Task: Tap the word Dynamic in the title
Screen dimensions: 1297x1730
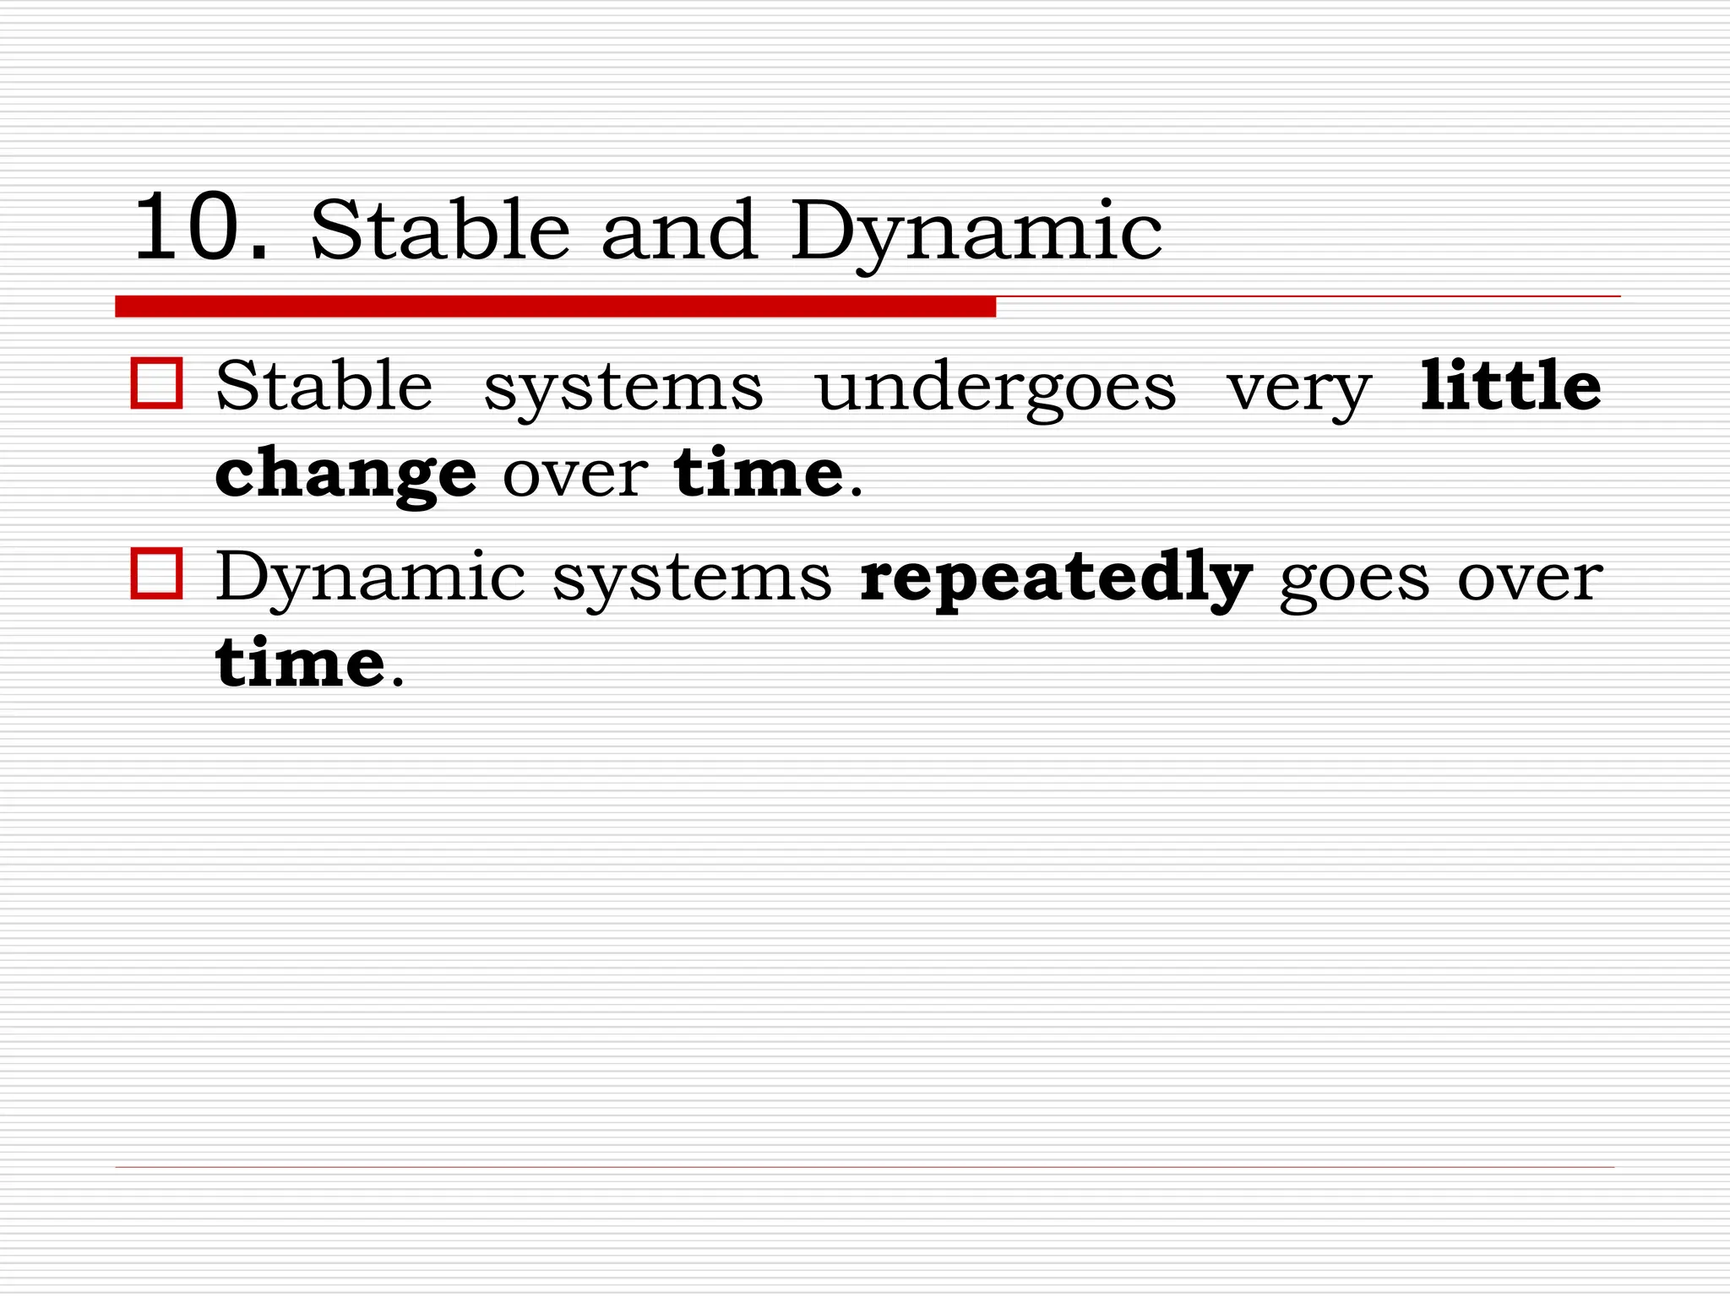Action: pyautogui.click(x=977, y=232)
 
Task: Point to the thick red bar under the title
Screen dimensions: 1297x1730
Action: pyautogui.click(x=555, y=306)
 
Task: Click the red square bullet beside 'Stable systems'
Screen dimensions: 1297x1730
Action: pyautogui.click(x=157, y=384)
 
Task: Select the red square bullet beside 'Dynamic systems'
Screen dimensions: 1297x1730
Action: pyautogui.click(x=157, y=573)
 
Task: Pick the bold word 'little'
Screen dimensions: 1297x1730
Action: pyautogui.click(x=1510, y=386)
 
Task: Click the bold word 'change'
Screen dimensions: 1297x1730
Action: pyautogui.click(x=345, y=475)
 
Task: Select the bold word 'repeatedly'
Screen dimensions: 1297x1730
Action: pyautogui.click(x=1056, y=579)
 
